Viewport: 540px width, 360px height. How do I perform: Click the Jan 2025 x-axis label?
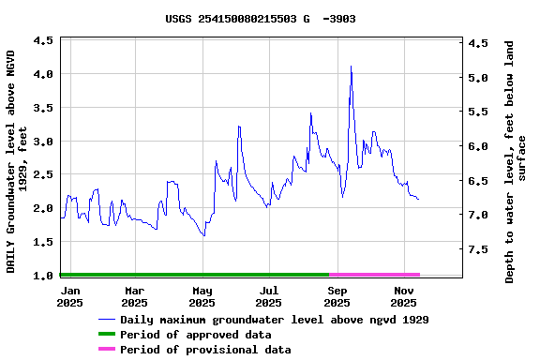(69, 296)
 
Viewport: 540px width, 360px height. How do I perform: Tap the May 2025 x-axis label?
(202, 296)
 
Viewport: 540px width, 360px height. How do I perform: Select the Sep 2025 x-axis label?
(337, 296)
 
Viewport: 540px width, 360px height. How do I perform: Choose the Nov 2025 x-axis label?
(403, 296)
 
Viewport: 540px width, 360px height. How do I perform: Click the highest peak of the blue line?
(351, 67)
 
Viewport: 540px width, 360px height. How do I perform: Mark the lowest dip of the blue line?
(203, 235)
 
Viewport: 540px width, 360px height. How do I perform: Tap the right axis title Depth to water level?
(516, 161)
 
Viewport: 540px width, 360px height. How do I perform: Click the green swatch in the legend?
(106, 335)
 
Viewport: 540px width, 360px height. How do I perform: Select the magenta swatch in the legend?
(106, 350)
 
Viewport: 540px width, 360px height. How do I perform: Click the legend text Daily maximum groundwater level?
(274, 320)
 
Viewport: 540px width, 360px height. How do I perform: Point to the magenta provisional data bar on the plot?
(375, 275)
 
